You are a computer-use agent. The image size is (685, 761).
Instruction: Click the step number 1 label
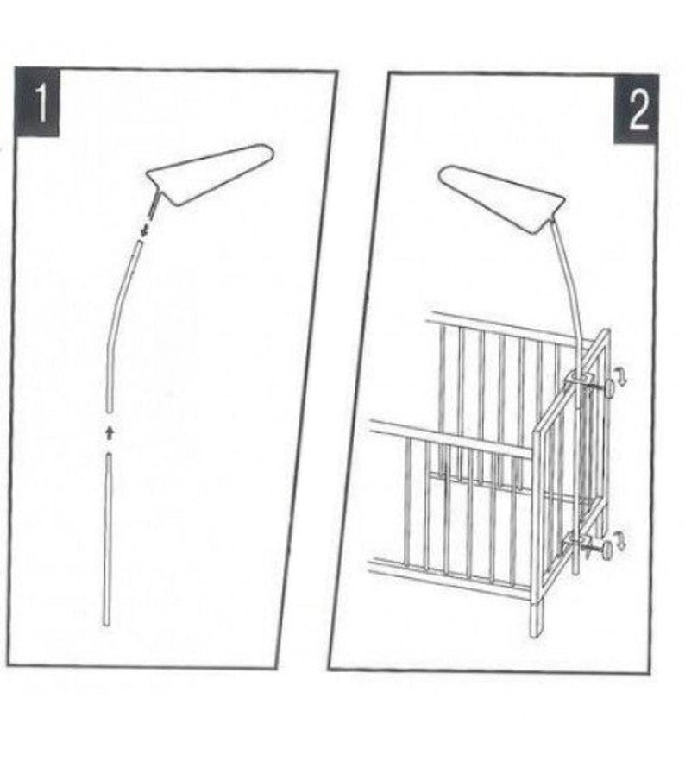coord(37,103)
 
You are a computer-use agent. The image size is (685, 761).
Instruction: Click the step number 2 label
coord(637,110)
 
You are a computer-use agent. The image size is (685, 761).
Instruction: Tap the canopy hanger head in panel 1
coord(210,173)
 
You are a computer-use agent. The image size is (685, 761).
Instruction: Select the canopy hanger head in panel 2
coord(502,198)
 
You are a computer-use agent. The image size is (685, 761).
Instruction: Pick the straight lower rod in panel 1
coord(108,538)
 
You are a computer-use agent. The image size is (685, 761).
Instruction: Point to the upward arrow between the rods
coord(110,432)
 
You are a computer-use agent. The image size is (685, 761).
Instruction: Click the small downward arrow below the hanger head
coord(144,230)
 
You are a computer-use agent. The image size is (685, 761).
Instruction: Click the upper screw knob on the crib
coord(608,388)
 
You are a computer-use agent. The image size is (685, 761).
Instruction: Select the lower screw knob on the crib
coord(606,550)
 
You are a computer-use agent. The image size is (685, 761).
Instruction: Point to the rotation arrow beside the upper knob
coord(620,376)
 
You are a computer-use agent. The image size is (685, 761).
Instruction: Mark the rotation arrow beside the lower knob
coord(620,539)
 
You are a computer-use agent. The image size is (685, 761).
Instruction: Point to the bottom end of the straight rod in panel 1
coord(107,624)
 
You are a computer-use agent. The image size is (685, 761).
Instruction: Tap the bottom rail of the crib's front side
coord(450,577)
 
